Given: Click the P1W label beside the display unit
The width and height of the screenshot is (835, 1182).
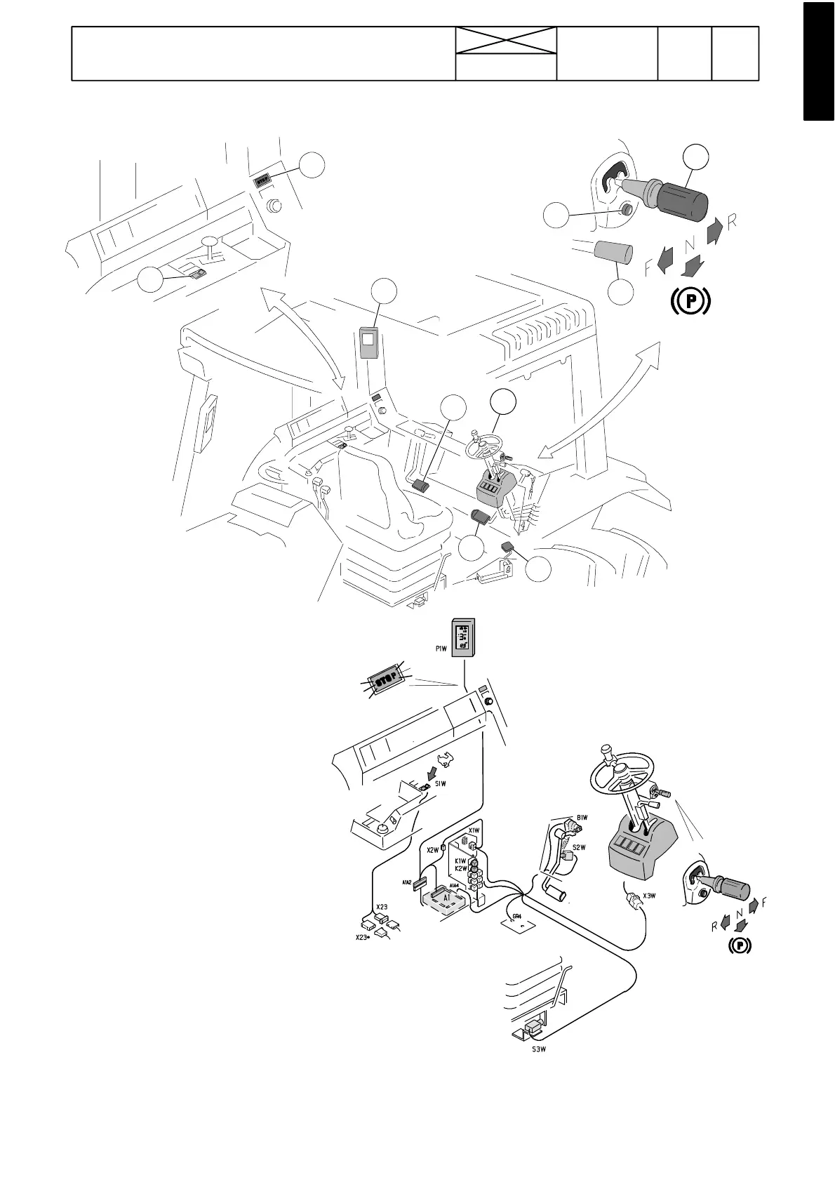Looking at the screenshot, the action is (440, 649).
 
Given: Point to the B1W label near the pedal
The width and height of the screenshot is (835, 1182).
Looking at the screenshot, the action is (582, 817).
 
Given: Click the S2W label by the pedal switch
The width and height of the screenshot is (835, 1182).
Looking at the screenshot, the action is (580, 847).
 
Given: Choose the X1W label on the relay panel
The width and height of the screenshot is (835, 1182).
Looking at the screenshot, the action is (474, 830).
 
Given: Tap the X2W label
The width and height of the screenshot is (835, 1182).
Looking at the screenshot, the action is (433, 850).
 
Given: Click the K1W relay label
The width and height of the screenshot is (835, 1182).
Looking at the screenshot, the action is (460, 861).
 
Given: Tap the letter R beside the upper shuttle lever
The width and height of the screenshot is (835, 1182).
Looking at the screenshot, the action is (732, 222).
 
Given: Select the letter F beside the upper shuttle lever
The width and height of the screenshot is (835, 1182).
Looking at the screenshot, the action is (649, 267).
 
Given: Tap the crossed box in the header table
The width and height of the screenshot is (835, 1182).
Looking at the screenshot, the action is (506, 41).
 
